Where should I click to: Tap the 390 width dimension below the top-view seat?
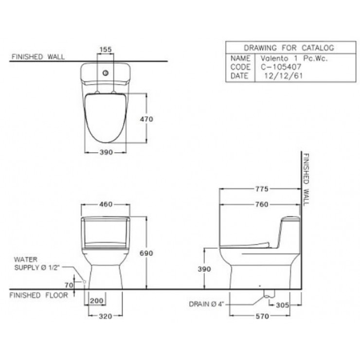coord(106,152)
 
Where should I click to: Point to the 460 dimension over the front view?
coord(106,205)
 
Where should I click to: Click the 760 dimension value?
coord(261,205)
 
